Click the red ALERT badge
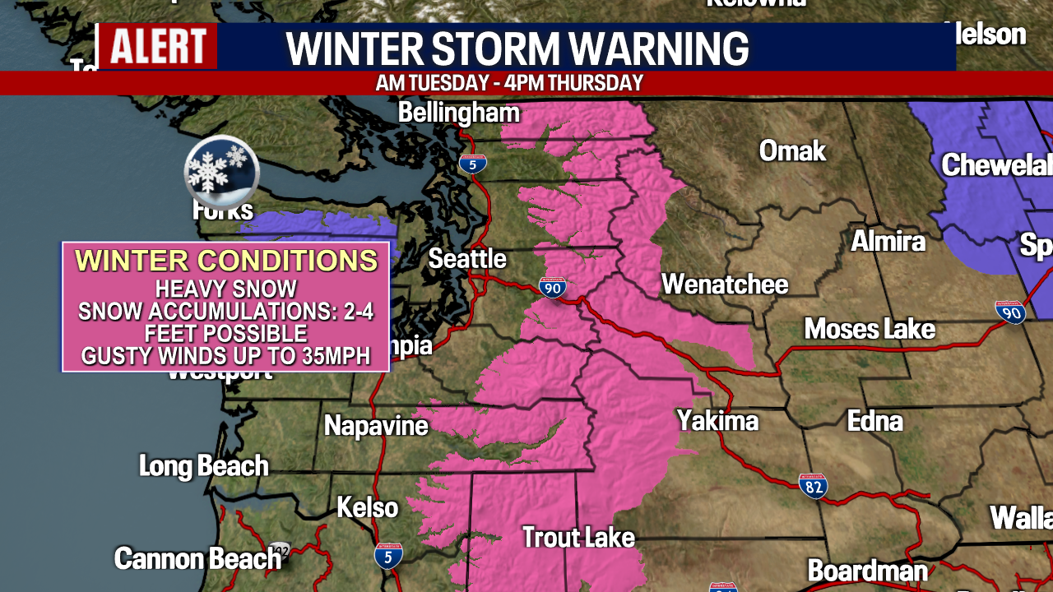click(x=158, y=46)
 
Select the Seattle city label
click(x=467, y=259)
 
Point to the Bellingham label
click(x=459, y=113)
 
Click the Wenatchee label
click(x=725, y=284)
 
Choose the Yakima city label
click(x=717, y=421)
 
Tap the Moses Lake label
click(x=870, y=329)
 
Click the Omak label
click(x=792, y=150)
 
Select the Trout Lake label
click(x=579, y=538)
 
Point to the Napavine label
click(x=376, y=425)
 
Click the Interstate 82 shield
click(x=813, y=485)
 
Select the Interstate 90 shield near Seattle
click(x=552, y=287)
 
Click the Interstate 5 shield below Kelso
click(x=388, y=555)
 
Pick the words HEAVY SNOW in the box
click(x=226, y=289)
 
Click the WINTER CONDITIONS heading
click(x=226, y=261)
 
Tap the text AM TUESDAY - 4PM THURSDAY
click(x=509, y=83)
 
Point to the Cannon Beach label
click(x=197, y=558)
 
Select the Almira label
click(x=888, y=241)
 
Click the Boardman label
click(x=867, y=570)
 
